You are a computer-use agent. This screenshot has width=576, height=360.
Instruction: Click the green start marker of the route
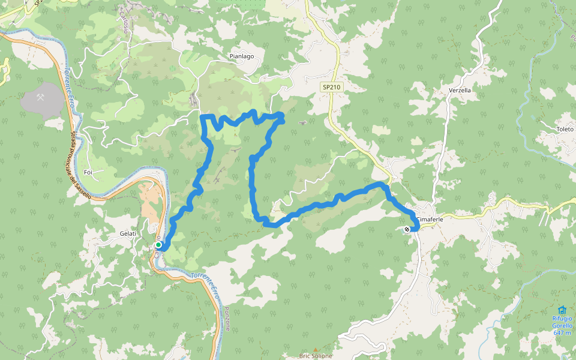[158, 245]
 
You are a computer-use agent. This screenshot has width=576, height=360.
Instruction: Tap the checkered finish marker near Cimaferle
[407, 229]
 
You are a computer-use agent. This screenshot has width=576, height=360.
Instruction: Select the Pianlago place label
[242, 56]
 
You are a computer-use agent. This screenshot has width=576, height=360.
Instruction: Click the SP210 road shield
[331, 87]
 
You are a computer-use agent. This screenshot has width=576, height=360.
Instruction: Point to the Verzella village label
[460, 90]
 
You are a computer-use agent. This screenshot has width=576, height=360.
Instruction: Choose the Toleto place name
[565, 129]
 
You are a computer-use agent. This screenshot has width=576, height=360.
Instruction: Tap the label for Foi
[88, 172]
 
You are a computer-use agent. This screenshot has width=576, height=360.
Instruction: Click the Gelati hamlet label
[128, 233]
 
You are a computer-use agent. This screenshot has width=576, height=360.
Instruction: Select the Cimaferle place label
[431, 220]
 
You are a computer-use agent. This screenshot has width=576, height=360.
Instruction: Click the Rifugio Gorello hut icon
[562, 310]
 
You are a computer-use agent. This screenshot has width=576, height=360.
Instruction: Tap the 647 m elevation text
[562, 332]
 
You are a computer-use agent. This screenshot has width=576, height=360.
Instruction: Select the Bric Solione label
[316, 356]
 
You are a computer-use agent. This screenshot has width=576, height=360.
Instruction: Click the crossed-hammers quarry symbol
[40, 97]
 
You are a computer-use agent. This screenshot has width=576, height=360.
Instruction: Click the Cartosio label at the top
[124, 22]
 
